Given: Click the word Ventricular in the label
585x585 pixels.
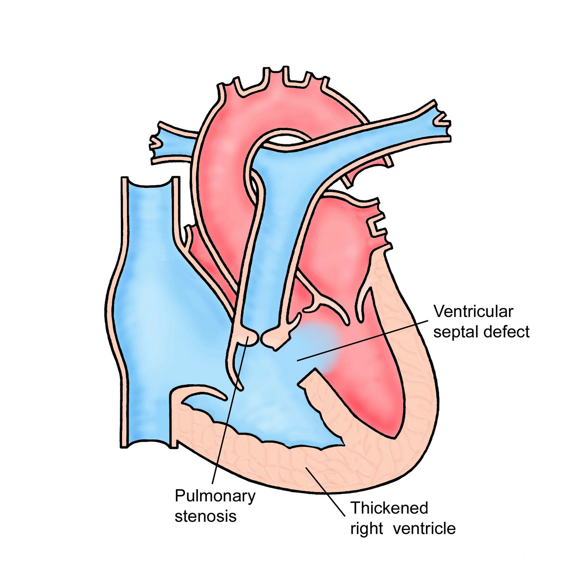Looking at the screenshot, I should pos(473,312).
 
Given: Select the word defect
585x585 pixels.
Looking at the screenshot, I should pos(506,332).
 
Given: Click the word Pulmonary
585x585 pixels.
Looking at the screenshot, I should pos(215,497).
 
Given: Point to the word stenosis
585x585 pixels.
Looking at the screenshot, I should pos(205,516).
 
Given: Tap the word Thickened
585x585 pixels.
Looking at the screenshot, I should pos(389,508).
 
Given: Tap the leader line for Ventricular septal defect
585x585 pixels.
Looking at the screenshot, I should pos(366,340).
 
